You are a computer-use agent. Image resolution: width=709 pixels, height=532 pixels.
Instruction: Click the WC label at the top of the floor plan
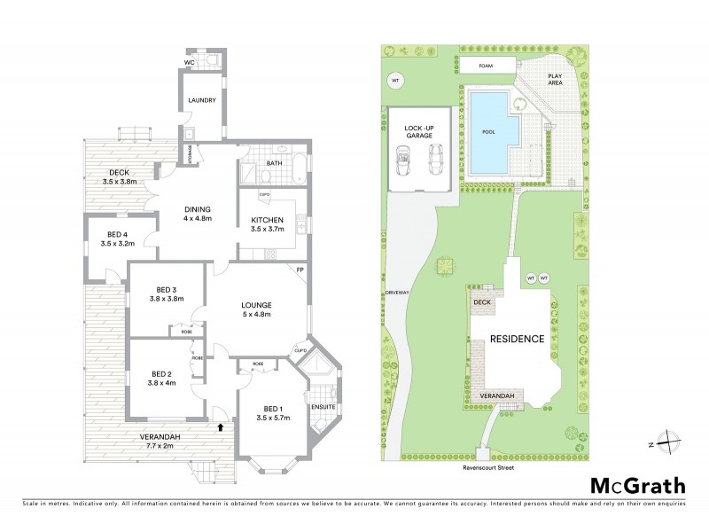pos(189,62)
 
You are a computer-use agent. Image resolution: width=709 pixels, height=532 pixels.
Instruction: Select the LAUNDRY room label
pos(202,100)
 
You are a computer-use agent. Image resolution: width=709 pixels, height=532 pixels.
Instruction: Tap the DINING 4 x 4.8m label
pos(197,214)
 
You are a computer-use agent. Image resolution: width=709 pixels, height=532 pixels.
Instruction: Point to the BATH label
pos(275,162)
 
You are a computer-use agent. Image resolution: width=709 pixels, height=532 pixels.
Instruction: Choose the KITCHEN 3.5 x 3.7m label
pos(267,223)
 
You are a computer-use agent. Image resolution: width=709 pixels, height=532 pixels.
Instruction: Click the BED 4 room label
pos(117,239)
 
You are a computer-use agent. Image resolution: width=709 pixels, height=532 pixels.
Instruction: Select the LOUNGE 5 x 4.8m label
pos(256,309)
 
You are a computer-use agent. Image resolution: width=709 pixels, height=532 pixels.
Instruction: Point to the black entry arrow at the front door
pos(219,427)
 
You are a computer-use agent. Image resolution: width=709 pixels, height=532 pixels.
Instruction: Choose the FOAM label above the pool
pos(486,66)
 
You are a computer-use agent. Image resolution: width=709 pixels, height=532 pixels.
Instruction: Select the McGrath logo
pos(637,485)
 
